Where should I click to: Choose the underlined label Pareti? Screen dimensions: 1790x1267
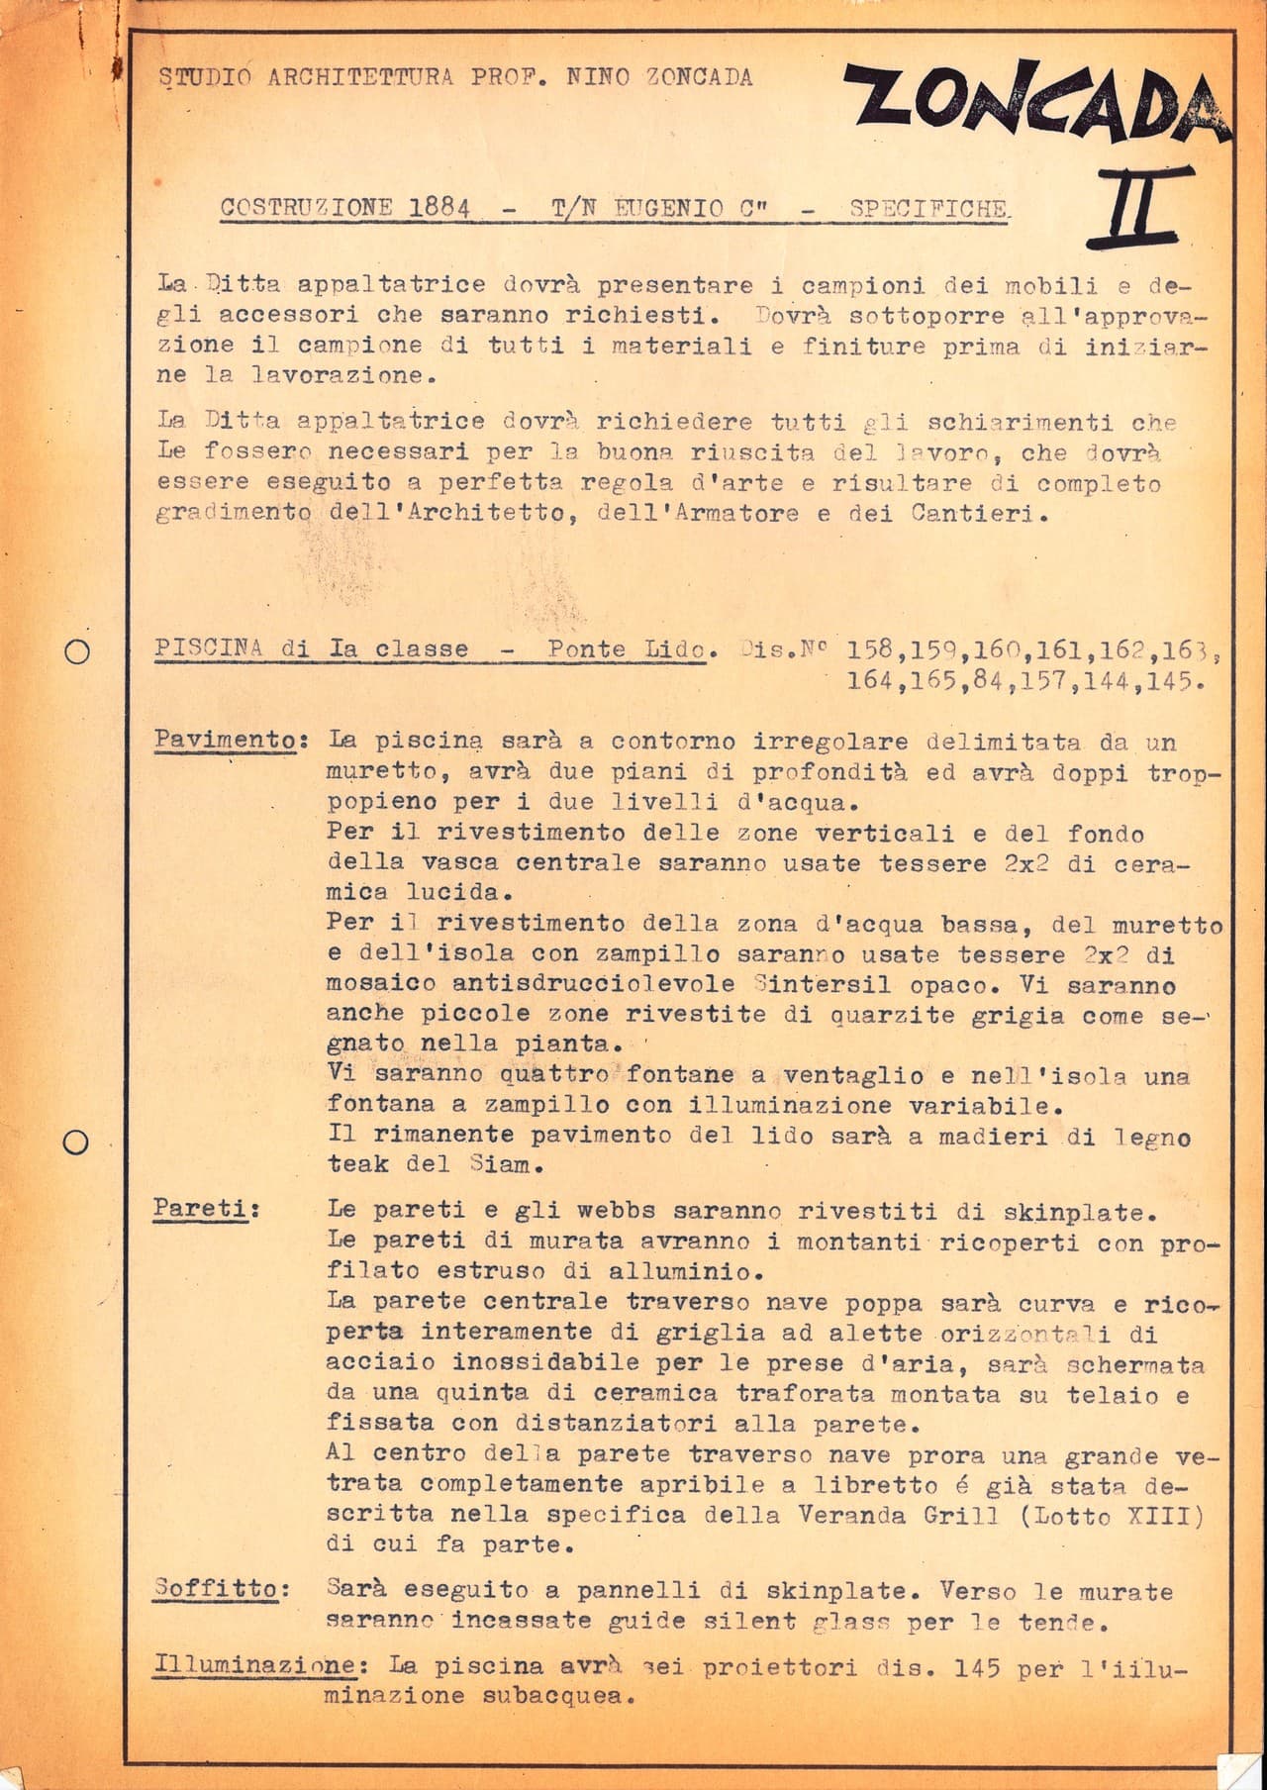tap(205, 1209)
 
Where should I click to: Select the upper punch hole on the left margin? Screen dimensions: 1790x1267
tap(76, 650)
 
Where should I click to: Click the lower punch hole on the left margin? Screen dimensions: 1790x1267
tap(76, 1142)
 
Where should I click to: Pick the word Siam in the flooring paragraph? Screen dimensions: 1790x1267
tap(501, 1164)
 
